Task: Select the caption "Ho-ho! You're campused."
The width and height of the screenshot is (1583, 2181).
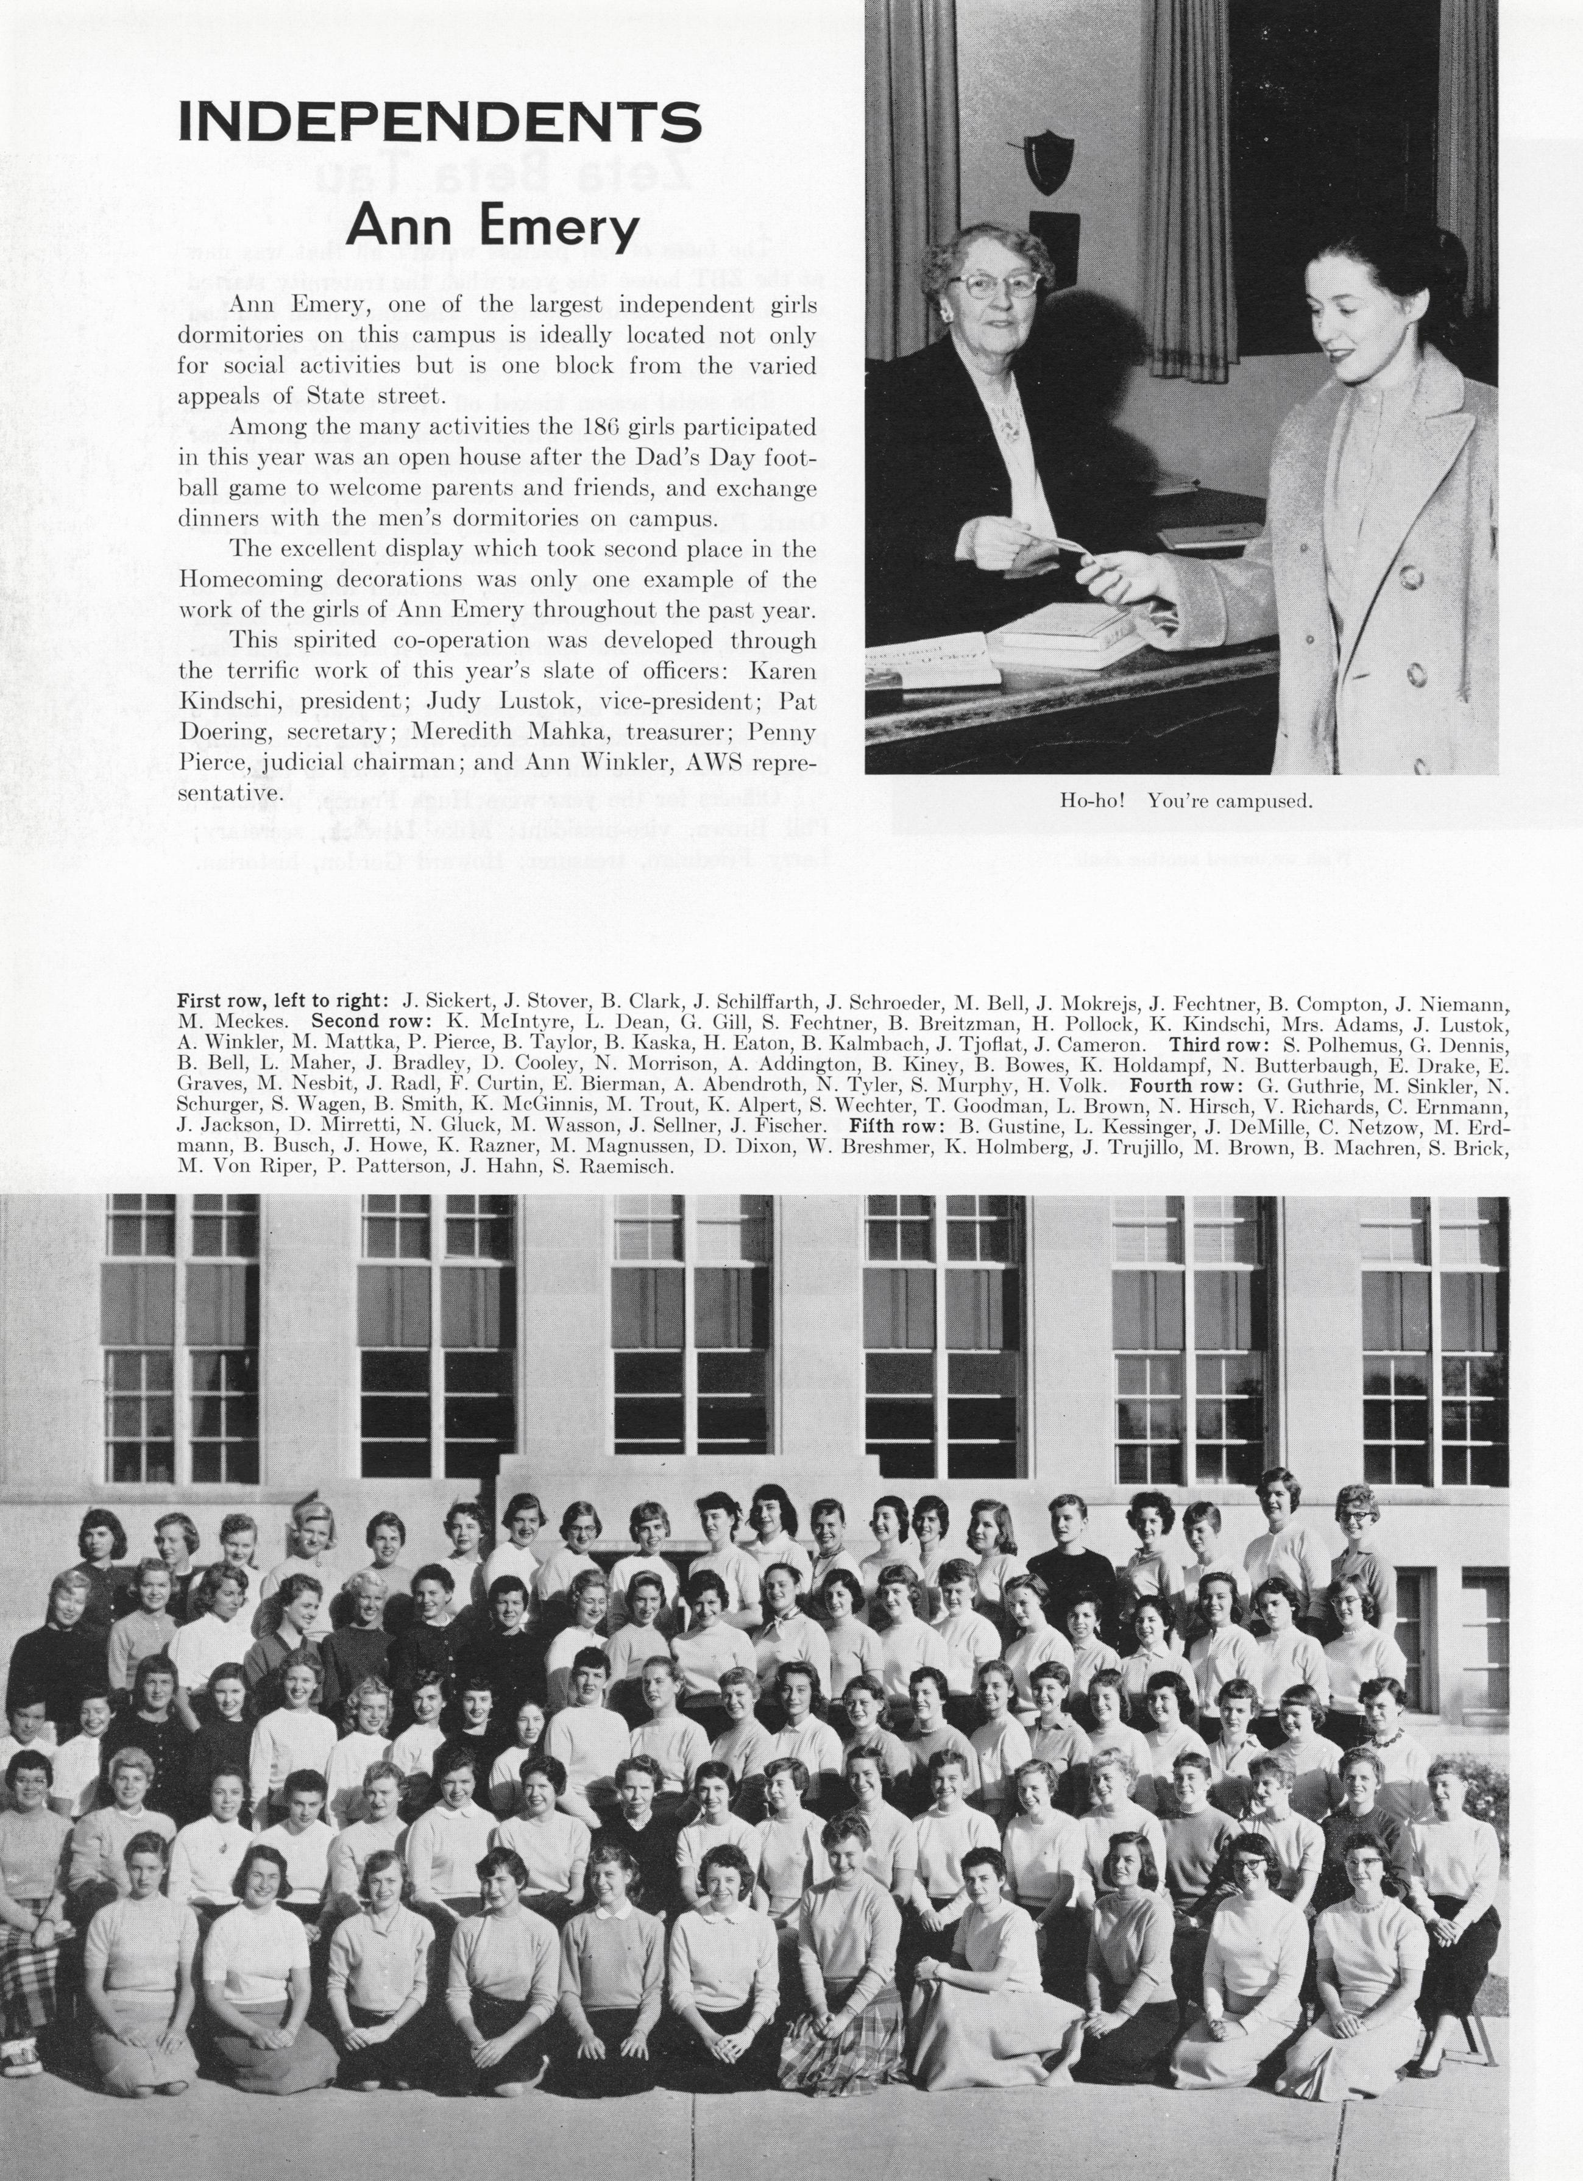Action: tap(1186, 800)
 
